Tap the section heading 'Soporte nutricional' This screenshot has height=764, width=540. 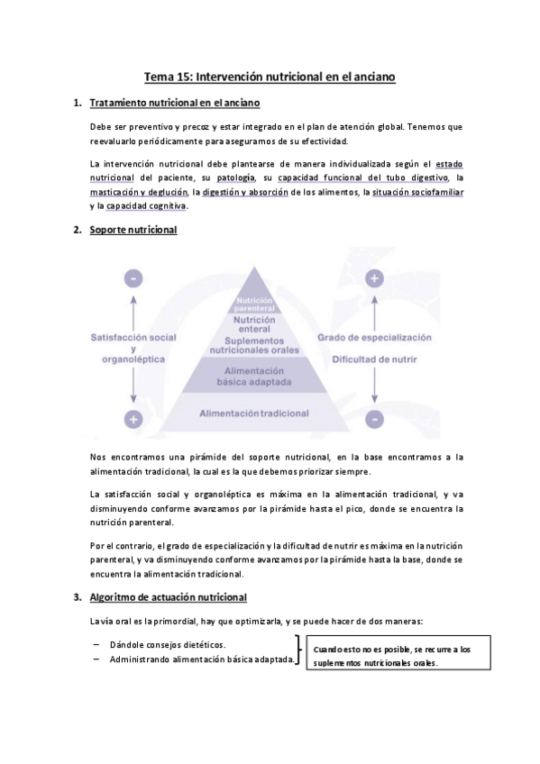point(133,231)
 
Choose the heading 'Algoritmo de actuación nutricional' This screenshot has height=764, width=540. point(169,597)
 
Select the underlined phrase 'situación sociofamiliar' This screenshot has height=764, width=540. point(416,192)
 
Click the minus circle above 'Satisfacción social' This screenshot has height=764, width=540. point(133,279)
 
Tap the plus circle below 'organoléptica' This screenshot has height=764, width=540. point(133,419)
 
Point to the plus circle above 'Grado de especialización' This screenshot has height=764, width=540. point(374,279)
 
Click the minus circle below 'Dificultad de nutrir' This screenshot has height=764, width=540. point(374,419)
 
